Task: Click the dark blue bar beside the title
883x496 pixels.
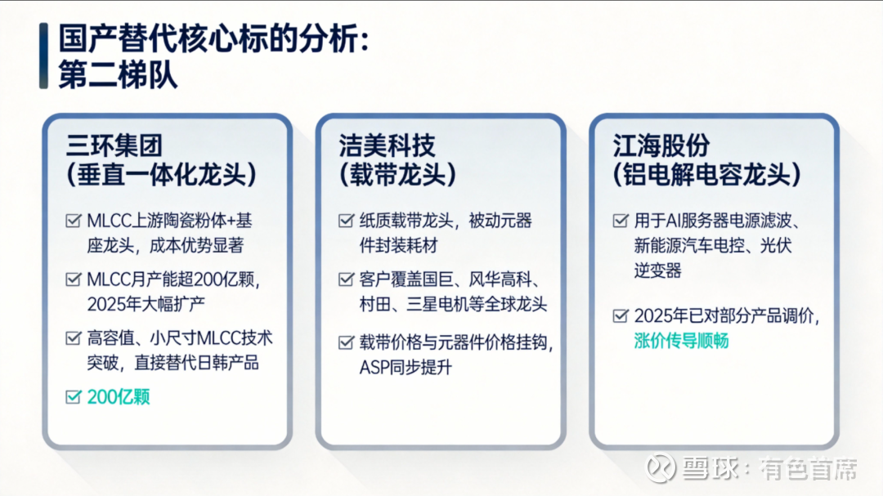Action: (43, 56)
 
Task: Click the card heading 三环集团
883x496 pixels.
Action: (114, 145)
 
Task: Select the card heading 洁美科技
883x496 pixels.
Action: (387, 145)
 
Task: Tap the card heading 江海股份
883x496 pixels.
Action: (661, 145)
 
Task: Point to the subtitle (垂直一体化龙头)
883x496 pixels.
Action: (162, 175)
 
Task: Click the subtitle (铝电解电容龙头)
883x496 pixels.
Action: (706, 175)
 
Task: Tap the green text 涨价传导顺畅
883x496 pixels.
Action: (681, 341)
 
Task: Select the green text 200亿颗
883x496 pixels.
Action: (119, 397)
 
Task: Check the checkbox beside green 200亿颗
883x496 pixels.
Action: (74, 397)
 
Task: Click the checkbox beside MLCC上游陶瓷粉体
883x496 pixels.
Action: (74, 220)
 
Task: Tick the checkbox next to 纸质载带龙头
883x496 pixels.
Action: (347, 220)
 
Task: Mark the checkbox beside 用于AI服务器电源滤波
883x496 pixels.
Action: (621, 220)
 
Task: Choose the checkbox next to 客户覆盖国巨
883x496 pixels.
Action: (347, 279)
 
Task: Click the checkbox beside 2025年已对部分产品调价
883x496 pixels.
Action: (621, 315)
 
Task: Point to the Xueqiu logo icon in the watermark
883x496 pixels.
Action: (660, 468)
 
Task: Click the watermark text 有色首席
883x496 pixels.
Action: (809, 468)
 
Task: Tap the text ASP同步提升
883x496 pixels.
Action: (406, 368)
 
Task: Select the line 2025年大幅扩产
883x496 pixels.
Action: (146, 304)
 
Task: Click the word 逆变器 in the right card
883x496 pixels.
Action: (657, 270)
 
